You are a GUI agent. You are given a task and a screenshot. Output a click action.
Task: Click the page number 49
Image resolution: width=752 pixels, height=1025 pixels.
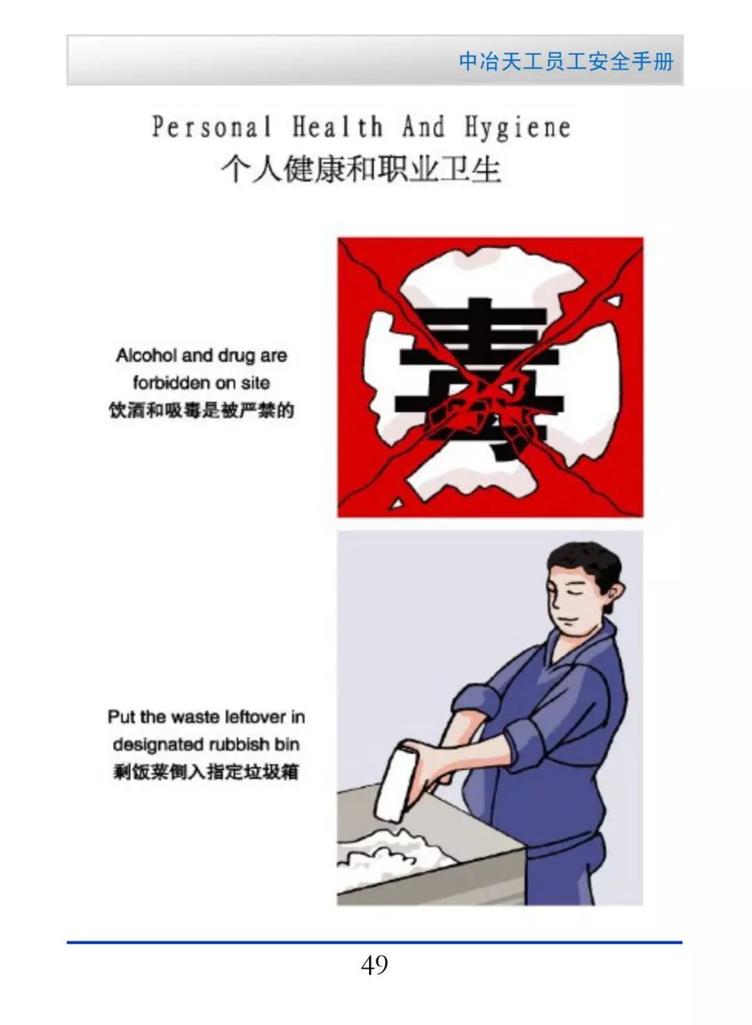point(375,964)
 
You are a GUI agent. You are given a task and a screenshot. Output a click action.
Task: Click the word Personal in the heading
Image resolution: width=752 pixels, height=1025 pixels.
point(212,126)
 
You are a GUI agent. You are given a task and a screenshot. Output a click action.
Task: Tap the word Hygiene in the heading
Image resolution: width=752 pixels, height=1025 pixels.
point(518,127)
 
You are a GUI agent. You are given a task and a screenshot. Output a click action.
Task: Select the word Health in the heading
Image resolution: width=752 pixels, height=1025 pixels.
point(337,126)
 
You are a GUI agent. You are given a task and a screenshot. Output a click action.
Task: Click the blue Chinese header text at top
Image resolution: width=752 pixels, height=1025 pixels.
point(566,61)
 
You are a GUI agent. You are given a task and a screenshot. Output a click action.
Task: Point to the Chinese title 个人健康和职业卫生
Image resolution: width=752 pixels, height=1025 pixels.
point(361,170)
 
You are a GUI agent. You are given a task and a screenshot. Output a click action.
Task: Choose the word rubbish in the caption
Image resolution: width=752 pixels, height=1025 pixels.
point(239,744)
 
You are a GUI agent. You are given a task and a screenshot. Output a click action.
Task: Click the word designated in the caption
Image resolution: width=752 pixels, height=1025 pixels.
point(158,745)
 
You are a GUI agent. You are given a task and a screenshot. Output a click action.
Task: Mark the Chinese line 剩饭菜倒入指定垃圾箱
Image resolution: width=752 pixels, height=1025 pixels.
point(206,772)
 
